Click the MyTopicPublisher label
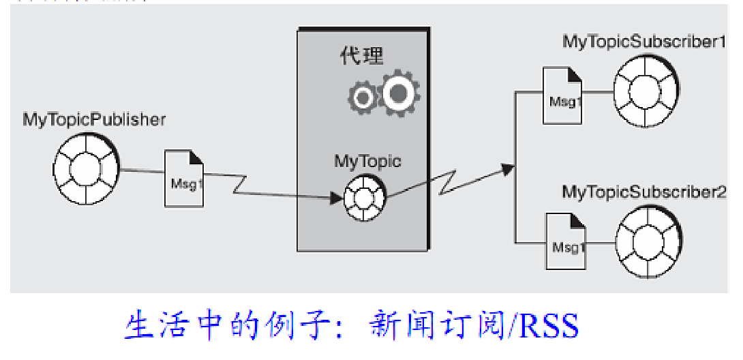tap(94, 120)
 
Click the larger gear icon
tap(399, 91)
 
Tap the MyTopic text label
tap(367, 162)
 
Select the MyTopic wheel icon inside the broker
tap(364, 198)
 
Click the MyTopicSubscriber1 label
tap(643, 42)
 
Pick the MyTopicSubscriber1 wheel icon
tap(645, 89)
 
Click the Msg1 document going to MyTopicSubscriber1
tap(562, 96)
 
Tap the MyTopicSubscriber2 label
tap(644, 192)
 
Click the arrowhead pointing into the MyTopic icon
tap(335, 198)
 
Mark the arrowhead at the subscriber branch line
tap(507, 168)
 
